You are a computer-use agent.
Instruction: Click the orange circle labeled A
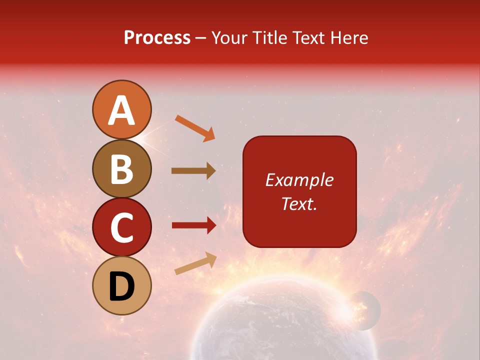tap(121, 109)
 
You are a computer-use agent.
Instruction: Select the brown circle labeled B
tap(121, 168)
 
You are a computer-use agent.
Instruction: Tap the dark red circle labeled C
tap(121, 227)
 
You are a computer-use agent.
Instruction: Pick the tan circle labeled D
tap(121, 285)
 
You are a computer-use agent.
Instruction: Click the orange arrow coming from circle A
tap(195, 128)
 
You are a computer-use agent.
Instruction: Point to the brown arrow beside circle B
tap(193, 171)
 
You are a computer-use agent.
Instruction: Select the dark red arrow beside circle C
tap(193, 225)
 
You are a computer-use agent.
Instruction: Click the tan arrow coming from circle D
tap(195, 263)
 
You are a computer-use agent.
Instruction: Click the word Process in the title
tap(157, 38)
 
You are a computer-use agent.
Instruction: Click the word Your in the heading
tap(229, 38)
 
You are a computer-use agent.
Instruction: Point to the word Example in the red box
tap(299, 180)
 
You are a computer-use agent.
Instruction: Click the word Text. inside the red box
tap(299, 203)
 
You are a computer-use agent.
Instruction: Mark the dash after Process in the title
tap(200, 38)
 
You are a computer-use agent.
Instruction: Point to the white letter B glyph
tap(121, 169)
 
